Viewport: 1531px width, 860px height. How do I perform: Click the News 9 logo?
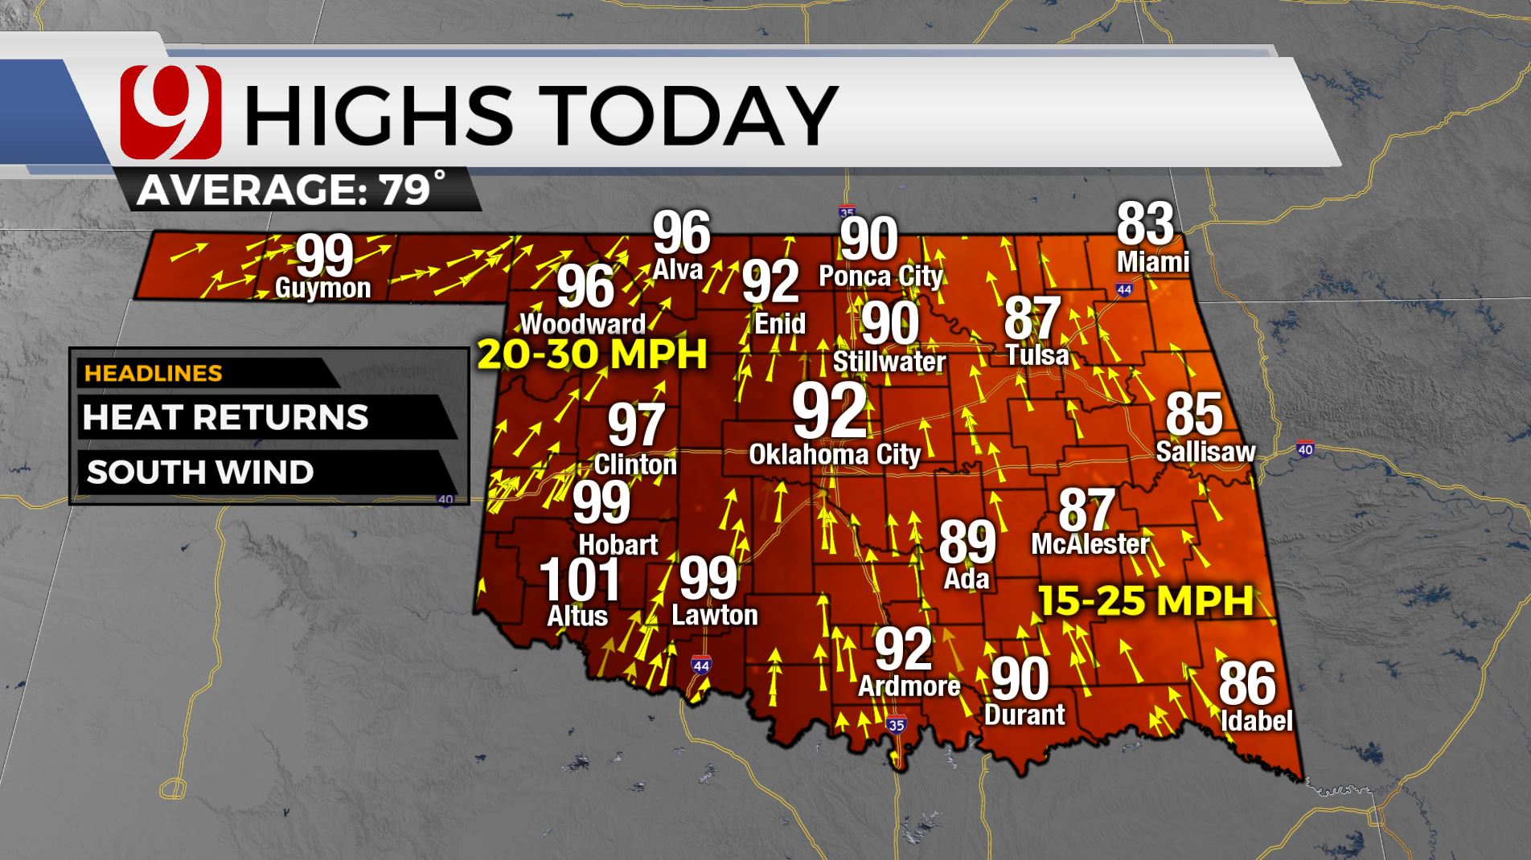[x=170, y=112]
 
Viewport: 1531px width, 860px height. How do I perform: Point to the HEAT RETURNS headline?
[x=225, y=418]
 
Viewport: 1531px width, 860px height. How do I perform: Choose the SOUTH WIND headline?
[x=200, y=473]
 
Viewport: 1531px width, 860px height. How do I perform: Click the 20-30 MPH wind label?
[x=593, y=354]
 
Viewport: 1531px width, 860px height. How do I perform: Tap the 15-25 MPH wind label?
[x=1146, y=601]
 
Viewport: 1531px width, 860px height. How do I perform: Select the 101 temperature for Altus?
[x=580, y=580]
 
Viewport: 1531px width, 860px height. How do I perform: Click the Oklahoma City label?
[x=835, y=455]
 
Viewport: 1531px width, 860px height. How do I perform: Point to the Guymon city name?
[x=322, y=288]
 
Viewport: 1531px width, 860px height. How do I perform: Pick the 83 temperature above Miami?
[x=1145, y=223]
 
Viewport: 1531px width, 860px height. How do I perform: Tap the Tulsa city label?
[x=1037, y=355]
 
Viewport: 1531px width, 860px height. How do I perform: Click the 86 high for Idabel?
[x=1247, y=683]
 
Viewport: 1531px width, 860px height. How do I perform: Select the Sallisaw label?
[x=1205, y=452]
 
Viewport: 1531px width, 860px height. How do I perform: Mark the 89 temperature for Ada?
[x=967, y=542]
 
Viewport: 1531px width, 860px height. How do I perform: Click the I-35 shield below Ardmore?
[x=896, y=725]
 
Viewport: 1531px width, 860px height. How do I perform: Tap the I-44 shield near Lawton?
[x=700, y=665]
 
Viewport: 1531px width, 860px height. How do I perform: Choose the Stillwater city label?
[x=889, y=362]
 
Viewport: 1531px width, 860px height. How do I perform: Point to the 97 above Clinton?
[x=636, y=425]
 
